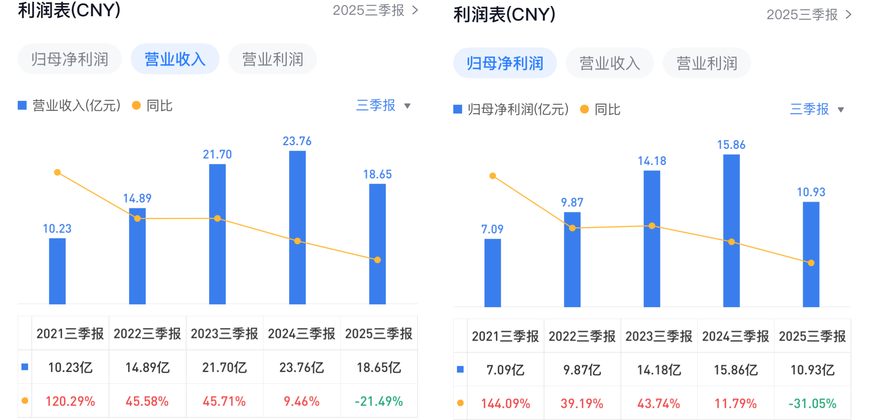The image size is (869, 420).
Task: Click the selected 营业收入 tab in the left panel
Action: [175, 59]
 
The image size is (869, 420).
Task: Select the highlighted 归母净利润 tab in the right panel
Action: [505, 63]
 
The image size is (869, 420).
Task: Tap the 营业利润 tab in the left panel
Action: [272, 59]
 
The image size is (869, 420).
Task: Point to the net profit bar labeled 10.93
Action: [811, 254]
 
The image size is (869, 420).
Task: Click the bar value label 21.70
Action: [217, 154]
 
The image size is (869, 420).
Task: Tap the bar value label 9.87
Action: [572, 202]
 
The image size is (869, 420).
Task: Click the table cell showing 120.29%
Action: [70, 401]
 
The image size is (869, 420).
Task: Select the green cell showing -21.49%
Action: [378, 401]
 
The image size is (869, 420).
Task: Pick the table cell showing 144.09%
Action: [505, 403]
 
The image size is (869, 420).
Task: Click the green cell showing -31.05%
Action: [812, 403]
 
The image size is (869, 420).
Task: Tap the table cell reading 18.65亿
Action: [378, 367]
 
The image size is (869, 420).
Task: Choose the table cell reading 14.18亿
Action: [659, 370]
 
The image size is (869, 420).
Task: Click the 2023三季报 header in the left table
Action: [224, 334]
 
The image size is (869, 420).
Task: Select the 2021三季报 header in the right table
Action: [505, 336]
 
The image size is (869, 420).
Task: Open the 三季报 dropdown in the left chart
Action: [383, 106]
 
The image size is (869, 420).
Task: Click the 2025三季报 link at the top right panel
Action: [809, 15]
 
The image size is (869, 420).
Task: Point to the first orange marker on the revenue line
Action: [57, 172]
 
